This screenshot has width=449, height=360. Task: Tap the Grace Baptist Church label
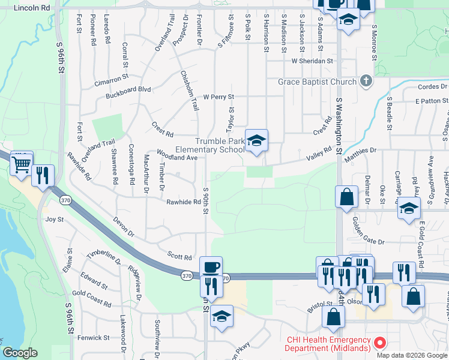pos(318,82)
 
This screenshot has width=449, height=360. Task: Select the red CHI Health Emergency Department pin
pos(379,343)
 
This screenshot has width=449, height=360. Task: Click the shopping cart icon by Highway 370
pos(22,163)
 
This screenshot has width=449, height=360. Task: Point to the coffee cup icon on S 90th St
pos(211,267)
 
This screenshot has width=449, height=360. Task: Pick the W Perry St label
pos(218,97)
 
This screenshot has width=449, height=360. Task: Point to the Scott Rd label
pos(179,256)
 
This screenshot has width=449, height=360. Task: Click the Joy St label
pos(55,220)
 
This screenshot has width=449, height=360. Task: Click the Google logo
pos(20,353)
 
